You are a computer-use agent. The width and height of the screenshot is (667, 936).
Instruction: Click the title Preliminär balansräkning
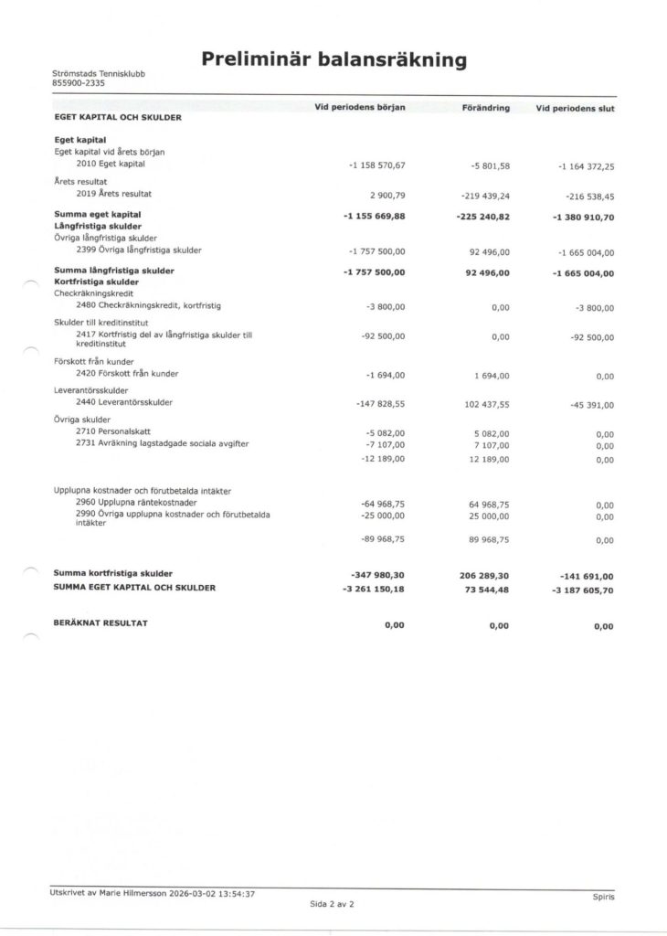333,60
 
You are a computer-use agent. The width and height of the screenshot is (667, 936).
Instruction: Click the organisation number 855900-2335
79,83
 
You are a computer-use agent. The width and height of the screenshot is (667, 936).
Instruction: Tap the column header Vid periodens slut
575,109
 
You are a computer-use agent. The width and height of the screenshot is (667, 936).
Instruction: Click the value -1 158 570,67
376,165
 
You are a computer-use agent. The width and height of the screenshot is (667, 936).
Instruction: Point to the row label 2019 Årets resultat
114,194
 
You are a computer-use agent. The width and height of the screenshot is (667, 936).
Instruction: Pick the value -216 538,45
586,196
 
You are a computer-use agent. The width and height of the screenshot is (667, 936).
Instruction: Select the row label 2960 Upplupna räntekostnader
136,503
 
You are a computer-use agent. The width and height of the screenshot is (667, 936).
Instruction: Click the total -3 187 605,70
582,590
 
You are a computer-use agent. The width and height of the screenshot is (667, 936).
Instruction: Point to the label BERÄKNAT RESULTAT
101,622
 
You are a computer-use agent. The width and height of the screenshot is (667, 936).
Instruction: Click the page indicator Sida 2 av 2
332,903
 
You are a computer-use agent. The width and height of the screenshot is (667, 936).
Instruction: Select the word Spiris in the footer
603,897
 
